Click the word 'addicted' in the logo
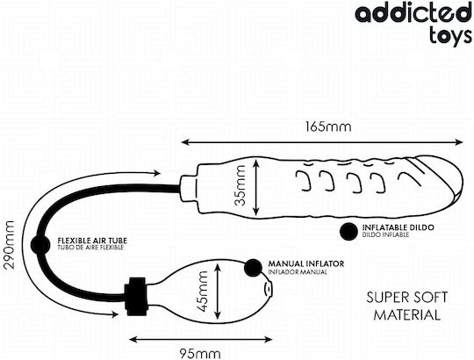(x=413, y=12)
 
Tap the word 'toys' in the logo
(x=449, y=36)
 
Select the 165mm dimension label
(x=328, y=126)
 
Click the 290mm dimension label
(x=8, y=245)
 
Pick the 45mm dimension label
(x=201, y=292)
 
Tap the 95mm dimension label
(x=200, y=353)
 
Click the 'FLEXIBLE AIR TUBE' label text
(x=92, y=241)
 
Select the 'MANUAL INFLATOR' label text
(x=306, y=264)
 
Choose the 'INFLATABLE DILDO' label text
(x=399, y=227)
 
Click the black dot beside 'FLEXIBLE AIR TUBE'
(x=40, y=244)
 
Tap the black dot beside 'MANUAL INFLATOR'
(x=254, y=268)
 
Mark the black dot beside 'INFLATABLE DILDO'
(x=348, y=231)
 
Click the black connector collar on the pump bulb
(x=136, y=296)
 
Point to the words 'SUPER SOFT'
(x=407, y=298)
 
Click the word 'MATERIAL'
(x=407, y=315)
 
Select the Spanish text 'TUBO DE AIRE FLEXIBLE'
(x=90, y=248)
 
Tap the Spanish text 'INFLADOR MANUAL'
(x=298, y=272)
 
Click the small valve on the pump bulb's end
(x=268, y=289)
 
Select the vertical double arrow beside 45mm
(x=218, y=292)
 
